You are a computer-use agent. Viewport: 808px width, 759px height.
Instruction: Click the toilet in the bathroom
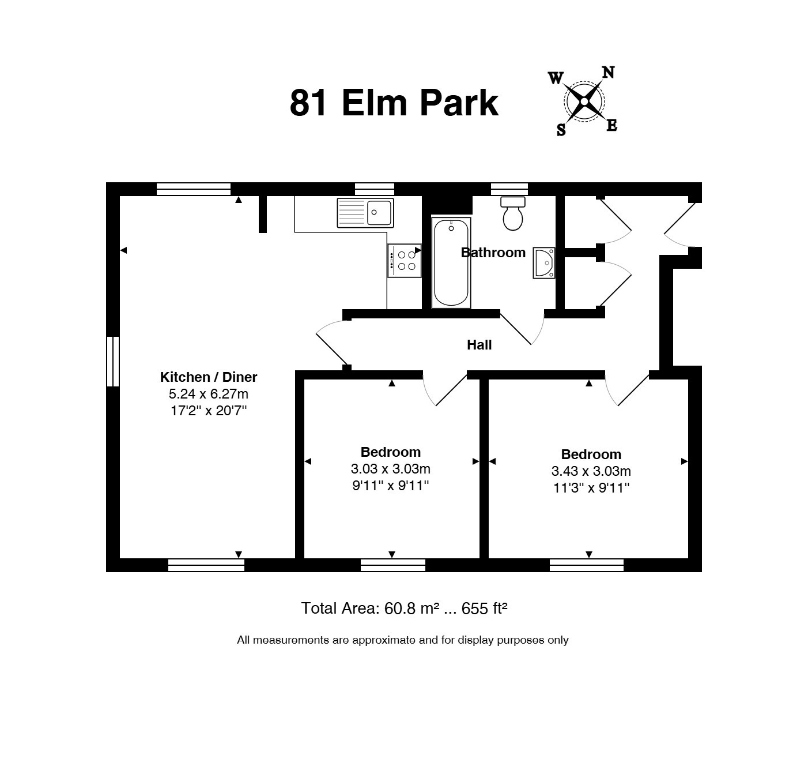pyautogui.click(x=512, y=213)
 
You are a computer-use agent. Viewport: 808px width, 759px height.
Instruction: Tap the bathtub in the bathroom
pyautogui.click(x=451, y=262)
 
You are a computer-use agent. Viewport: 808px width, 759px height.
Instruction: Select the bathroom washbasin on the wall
pyautogui.click(x=544, y=262)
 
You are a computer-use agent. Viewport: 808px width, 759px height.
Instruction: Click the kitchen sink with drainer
pyautogui.click(x=365, y=213)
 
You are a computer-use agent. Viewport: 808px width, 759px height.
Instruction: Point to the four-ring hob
pyautogui.click(x=405, y=261)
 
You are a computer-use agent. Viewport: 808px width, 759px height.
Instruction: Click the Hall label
pyautogui.click(x=479, y=345)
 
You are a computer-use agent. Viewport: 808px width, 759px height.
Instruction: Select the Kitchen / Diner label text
pyautogui.click(x=209, y=377)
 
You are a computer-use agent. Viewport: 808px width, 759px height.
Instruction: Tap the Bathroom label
pyautogui.click(x=493, y=253)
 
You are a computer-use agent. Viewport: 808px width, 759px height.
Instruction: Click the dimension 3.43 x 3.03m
pyautogui.click(x=591, y=471)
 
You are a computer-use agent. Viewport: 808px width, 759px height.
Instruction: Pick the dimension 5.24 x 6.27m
pyautogui.click(x=209, y=394)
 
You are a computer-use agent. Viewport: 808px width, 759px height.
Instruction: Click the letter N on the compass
pyautogui.click(x=608, y=73)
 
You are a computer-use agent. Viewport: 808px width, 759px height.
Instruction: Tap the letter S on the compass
pyautogui.click(x=561, y=130)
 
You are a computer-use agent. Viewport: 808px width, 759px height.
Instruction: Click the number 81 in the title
pyautogui.click(x=308, y=103)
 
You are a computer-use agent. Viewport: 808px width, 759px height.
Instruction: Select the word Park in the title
pyautogui.click(x=459, y=103)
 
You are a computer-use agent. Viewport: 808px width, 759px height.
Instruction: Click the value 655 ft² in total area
pyautogui.click(x=484, y=608)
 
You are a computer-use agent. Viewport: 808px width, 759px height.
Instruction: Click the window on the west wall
pyautogui.click(x=113, y=361)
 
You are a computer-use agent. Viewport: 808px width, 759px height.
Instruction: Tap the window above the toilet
pyautogui.click(x=509, y=189)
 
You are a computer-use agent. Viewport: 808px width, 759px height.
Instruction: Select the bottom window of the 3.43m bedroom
pyautogui.click(x=587, y=565)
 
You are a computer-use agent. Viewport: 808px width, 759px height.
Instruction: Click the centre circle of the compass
pyautogui.click(x=584, y=102)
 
